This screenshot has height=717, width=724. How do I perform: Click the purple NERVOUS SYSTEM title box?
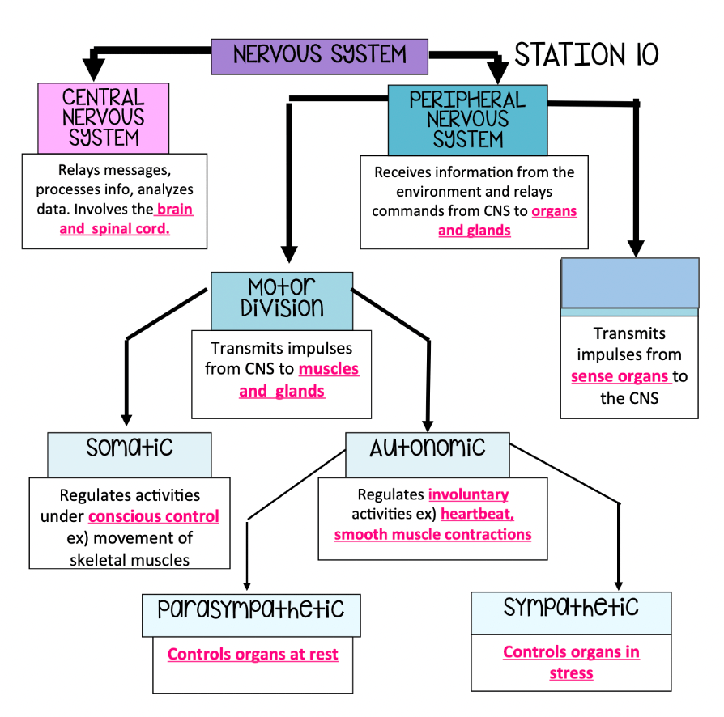[319, 56]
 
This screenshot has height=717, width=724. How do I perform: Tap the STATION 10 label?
[586, 55]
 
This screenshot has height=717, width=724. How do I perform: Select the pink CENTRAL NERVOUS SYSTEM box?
[104, 118]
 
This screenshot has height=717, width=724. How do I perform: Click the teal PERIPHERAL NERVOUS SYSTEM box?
[467, 120]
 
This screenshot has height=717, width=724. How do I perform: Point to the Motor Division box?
[281, 299]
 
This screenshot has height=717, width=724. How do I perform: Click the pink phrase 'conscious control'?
[154, 516]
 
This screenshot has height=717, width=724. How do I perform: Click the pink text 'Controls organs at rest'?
[253, 654]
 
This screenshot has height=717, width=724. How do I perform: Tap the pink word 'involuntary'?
[468, 494]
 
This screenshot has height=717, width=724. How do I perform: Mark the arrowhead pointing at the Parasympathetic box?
[247, 585]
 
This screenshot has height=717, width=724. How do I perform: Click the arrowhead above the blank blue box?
[636, 247]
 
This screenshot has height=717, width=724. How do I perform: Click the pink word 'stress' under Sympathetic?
[571, 673]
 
